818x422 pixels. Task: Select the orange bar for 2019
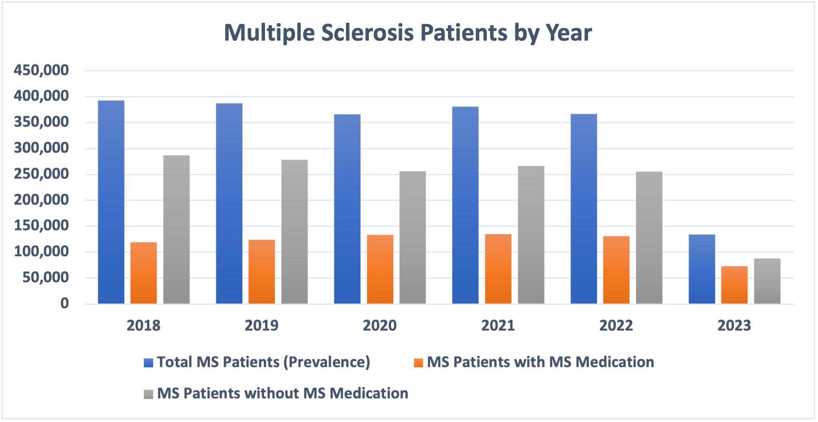point(262,271)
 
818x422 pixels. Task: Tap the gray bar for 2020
point(413,237)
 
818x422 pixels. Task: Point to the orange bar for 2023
point(734,285)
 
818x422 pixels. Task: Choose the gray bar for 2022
point(649,237)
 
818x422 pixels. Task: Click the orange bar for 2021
point(498,269)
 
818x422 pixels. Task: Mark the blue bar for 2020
point(347,209)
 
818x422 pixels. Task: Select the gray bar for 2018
point(177,229)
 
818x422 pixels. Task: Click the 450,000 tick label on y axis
point(41,70)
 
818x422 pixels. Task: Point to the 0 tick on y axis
point(65,304)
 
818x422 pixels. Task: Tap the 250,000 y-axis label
point(41,174)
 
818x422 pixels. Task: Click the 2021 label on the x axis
point(498,325)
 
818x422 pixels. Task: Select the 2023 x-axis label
point(734,325)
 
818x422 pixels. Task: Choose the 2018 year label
point(143,325)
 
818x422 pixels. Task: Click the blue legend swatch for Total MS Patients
point(149,362)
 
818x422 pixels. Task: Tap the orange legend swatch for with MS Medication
point(418,362)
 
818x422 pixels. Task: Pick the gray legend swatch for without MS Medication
point(149,394)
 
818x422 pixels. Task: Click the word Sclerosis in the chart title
point(368,32)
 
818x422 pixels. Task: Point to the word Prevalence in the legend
point(327,362)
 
